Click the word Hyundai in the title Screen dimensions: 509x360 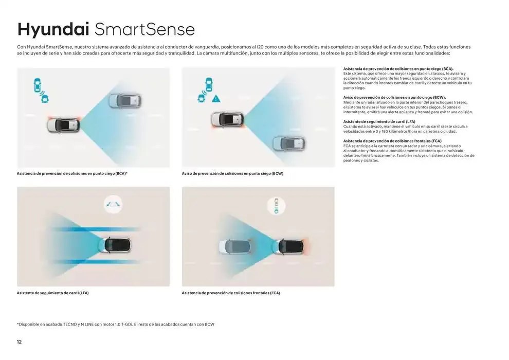click(x=53, y=29)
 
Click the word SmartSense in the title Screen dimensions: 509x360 click(x=145, y=29)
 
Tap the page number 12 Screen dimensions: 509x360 click(x=19, y=342)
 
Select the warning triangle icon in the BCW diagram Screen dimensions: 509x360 click(x=216, y=98)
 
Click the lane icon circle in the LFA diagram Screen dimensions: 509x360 click(x=113, y=205)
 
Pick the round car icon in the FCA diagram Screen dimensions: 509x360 click(x=276, y=206)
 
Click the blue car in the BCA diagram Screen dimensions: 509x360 click(x=125, y=101)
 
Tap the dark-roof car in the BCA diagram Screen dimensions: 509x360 click(x=63, y=125)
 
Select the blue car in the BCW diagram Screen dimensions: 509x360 click(x=289, y=143)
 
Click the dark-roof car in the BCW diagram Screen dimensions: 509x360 click(x=228, y=119)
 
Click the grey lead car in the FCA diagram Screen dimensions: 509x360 click(x=235, y=247)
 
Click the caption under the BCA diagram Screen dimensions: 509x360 click(x=72, y=174)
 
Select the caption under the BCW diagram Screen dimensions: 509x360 click(x=232, y=174)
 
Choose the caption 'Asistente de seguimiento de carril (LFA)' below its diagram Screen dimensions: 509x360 click(x=52, y=293)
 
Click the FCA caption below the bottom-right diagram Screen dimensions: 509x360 click(x=231, y=293)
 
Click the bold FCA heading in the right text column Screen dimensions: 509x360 click(x=392, y=141)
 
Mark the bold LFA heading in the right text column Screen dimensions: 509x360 click(x=379, y=122)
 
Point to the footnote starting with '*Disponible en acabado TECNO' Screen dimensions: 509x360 click(x=116, y=325)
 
